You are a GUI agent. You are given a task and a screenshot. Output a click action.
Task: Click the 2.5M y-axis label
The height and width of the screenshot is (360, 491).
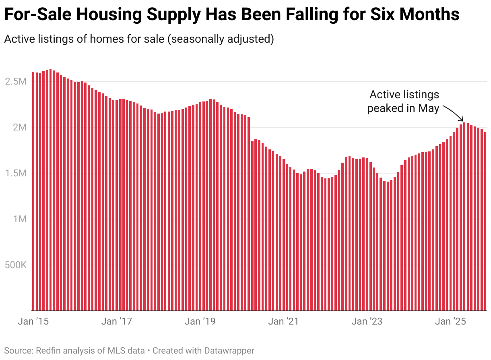pos(16,81)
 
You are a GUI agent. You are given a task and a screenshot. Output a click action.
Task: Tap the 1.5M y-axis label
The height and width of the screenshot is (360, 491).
pos(16,173)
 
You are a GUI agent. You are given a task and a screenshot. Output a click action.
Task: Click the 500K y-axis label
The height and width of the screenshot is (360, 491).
pos(15,265)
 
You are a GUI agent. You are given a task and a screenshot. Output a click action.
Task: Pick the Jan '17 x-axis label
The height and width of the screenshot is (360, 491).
pos(116,321)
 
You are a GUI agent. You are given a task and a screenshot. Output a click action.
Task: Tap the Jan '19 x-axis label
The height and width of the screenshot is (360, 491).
pos(200,321)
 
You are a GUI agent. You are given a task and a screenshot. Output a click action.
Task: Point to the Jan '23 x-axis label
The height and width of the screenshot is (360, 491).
pos(366,321)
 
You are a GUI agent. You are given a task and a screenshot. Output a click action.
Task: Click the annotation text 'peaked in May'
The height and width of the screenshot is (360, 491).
pos(403,108)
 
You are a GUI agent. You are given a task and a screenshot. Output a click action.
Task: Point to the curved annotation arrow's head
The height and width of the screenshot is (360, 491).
pos(462,120)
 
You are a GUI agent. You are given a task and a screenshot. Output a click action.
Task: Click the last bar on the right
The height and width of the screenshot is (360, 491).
pos(485,221)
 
